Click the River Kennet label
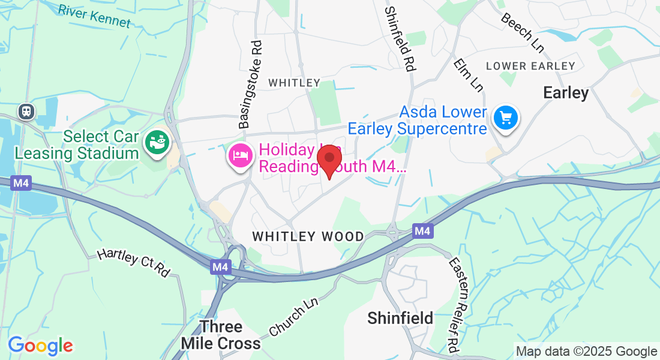(x=94, y=16)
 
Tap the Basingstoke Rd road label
(x=251, y=85)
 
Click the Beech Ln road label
(x=522, y=32)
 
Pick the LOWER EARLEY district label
(x=530, y=66)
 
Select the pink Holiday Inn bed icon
(x=240, y=157)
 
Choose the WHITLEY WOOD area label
(x=308, y=236)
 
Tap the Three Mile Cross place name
(x=221, y=335)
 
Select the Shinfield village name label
(x=400, y=318)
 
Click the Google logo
(x=40, y=346)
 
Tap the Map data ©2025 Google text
(x=587, y=352)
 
